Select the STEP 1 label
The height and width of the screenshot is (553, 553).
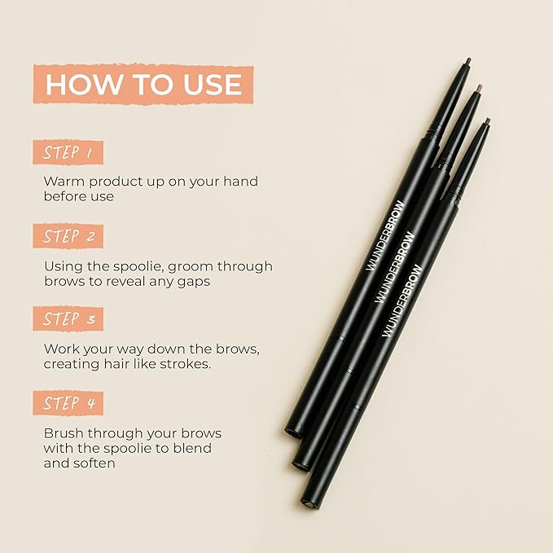[x=68, y=152]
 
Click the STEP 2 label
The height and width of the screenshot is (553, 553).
[x=68, y=236]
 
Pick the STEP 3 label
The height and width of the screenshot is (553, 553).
[x=68, y=318]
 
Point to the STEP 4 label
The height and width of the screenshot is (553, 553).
[x=68, y=403]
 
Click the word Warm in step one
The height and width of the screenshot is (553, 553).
[x=64, y=182]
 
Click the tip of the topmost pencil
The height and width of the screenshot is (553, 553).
[x=469, y=60]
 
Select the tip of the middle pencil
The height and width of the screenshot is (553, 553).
[x=479, y=87]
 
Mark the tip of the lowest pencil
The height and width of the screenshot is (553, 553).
[x=488, y=121]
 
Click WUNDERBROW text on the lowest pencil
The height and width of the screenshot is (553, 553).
[x=402, y=301]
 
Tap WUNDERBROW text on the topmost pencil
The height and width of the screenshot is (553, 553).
[x=385, y=235]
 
